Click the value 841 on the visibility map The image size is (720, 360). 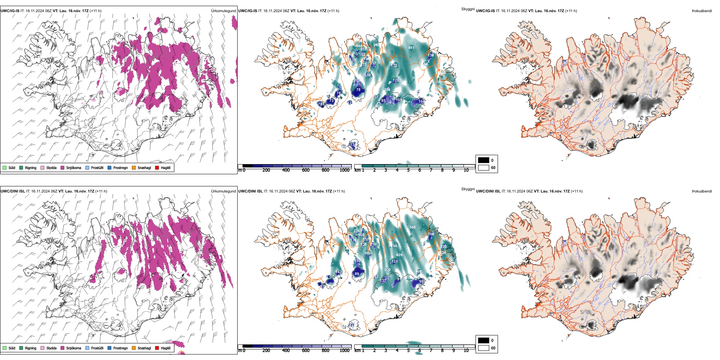[411, 47]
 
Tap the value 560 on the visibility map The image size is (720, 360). [413, 227]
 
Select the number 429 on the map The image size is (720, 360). [399, 255]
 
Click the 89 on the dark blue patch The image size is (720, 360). [357, 274]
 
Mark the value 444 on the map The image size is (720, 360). [359, 46]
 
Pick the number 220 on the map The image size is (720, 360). [444, 246]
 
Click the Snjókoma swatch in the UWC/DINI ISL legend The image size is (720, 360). [63, 348]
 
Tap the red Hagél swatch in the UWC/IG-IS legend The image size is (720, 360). [157, 167]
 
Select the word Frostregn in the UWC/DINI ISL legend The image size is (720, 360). [121, 348]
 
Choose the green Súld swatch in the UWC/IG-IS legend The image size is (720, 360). [5, 167]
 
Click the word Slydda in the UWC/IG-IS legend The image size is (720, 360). [52, 167]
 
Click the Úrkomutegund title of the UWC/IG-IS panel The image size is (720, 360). [223, 11]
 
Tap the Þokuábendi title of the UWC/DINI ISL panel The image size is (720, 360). [702, 191]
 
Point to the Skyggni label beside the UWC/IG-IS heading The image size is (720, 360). [468, 9]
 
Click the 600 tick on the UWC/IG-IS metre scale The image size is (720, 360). [306, 170]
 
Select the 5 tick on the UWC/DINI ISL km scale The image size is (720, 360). [409, 351]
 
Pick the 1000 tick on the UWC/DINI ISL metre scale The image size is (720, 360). [344, 351]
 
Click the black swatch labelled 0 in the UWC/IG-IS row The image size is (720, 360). [484, 160]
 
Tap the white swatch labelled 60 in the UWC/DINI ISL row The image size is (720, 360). [484, 348]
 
